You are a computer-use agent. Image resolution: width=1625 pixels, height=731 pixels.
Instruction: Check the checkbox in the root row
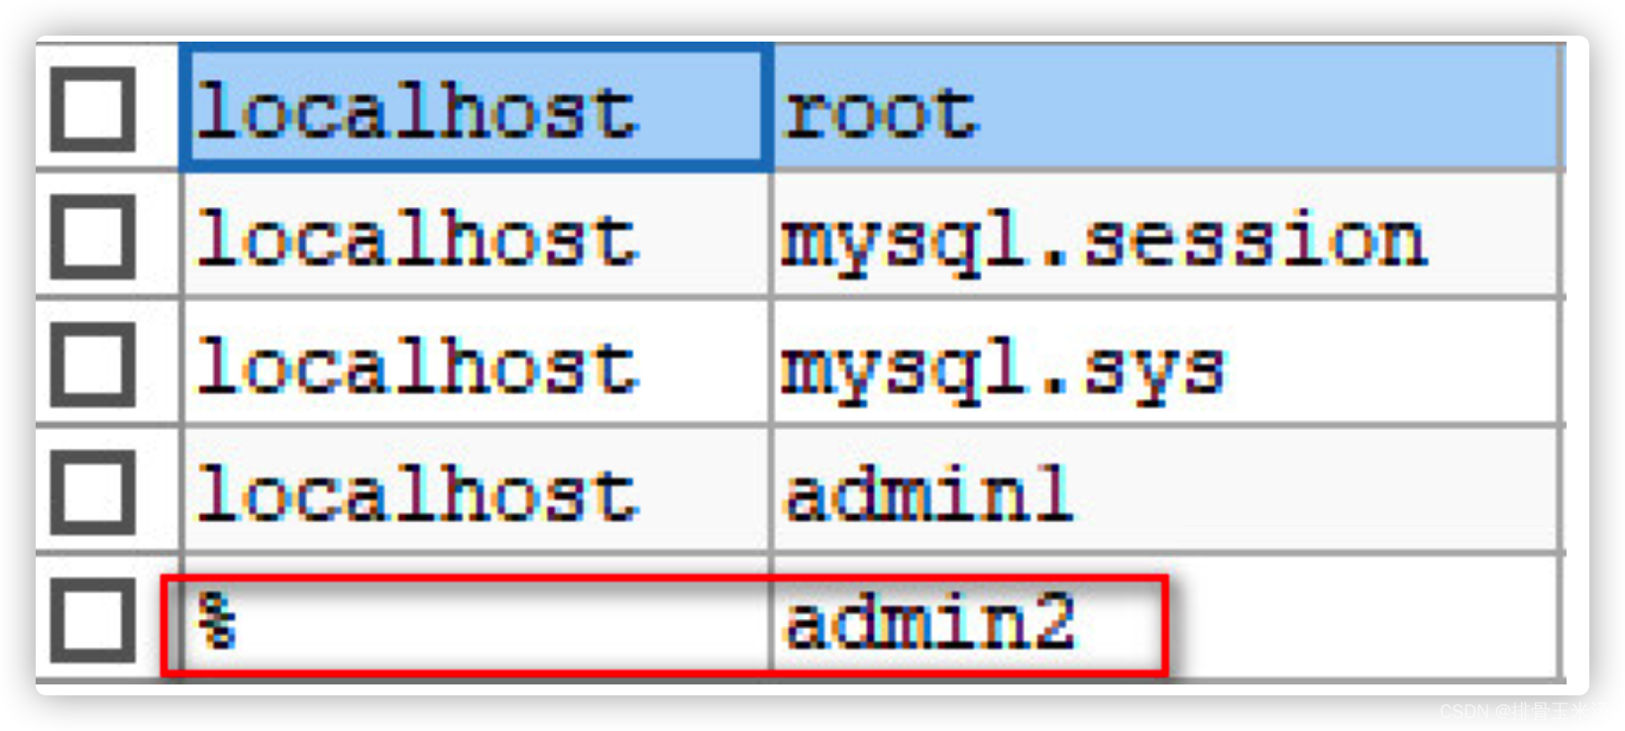coord(93,110)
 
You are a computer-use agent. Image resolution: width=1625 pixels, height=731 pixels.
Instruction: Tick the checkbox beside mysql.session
coord(93,238)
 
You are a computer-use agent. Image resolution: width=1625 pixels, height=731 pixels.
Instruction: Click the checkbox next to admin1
coord(93,492)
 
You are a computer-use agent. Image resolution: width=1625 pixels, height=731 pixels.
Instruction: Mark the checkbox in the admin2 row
coord(93,620)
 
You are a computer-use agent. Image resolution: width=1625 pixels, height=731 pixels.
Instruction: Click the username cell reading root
coord(880,112)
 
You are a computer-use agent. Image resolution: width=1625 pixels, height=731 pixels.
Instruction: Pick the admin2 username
coord(928,622)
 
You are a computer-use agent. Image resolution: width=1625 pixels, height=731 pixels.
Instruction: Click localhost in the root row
coord(416,112)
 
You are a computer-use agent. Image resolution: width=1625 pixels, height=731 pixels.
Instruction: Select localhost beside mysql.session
coord(416,240)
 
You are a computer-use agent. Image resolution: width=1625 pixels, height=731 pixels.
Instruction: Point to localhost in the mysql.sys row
coord(416,367)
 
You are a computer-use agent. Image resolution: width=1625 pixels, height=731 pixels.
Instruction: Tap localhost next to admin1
coord(416,494)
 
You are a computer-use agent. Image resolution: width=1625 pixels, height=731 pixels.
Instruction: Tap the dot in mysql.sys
coord(1054,389)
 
